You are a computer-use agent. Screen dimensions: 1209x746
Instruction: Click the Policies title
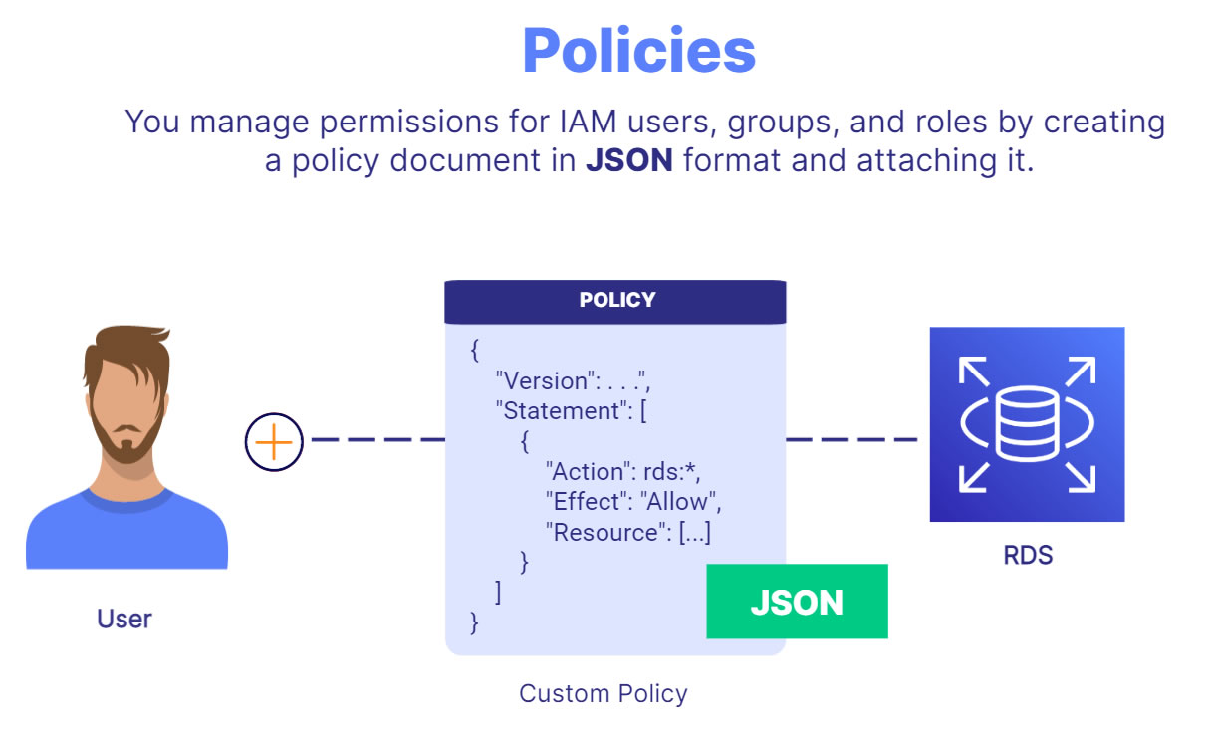pyautogui.click(x=638, y=50)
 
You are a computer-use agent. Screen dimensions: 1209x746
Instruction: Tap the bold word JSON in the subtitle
pyautogui.click(x=629, y=160)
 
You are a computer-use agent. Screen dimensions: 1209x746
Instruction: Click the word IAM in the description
pyautogui.click(x=589, y=122)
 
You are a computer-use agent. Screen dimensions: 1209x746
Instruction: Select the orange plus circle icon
pyautogui.click(x=274, y=442)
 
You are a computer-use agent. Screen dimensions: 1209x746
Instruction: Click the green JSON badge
pyautogui.click(x=797, y=602)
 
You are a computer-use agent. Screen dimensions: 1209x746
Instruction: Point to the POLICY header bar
pyautogui.click(x=615, y=301)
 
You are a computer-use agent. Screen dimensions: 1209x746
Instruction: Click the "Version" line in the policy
pyautogui.click(x=574, y=381)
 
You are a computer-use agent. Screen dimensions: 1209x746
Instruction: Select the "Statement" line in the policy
pyautogui.click(x=571, y=411)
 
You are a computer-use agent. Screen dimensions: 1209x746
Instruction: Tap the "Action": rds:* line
pyautogui.click(x=622, y=472)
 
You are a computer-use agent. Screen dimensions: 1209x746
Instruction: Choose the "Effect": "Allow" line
pyautogui.click(x=633, y=501)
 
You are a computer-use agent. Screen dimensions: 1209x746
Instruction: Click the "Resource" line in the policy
pyautogui.click(x=628, y=533)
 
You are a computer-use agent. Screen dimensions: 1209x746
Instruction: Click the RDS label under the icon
pyautogui.click(x=1028, y=555)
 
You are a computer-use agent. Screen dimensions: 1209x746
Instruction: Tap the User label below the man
pyautogui.click(x=124, y=619)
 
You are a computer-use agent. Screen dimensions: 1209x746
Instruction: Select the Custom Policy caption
pyautogui.click(x=604, y=693)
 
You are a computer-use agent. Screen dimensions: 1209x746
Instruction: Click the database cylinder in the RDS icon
pyautogui.click(x=1027, y=423)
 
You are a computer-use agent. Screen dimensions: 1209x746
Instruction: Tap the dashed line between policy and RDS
pyautogui.click(x=852, y=440)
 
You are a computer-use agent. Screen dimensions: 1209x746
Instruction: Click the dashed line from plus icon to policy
pyautogui.click(x=377, y=440)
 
